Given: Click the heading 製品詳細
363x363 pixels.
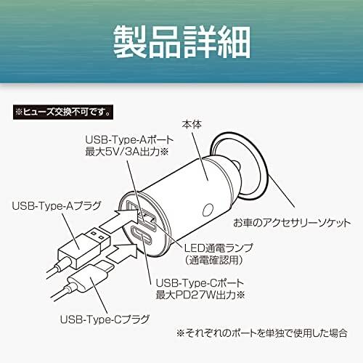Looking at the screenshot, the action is point(181,41).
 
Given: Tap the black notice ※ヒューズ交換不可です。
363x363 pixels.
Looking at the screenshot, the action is point(63,112).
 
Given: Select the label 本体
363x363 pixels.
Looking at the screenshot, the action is point(192,125).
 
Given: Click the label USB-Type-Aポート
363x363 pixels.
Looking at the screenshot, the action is point(130,140).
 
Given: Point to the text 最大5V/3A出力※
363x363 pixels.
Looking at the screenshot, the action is point(126,152).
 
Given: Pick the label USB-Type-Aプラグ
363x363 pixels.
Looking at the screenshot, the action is point(56,205).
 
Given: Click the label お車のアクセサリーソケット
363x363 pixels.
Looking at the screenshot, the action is point(292,223).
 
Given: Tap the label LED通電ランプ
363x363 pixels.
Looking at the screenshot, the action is point(219,248).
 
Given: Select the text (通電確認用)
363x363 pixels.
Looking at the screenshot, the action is point(214,260).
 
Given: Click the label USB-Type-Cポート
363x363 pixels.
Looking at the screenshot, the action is point(200,282).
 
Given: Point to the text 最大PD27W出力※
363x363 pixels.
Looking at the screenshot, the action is point(200,295).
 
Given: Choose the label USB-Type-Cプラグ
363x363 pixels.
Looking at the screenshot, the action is point(105,319).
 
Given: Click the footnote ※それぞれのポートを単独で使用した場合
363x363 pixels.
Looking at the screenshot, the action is point(262,333).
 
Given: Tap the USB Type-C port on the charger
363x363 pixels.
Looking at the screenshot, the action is point(142,234).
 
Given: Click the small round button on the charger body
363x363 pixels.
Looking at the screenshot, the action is point(208,210).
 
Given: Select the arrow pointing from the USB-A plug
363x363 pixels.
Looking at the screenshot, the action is point(120,219).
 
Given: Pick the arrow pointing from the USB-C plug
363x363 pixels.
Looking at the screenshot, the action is point(122,253).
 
